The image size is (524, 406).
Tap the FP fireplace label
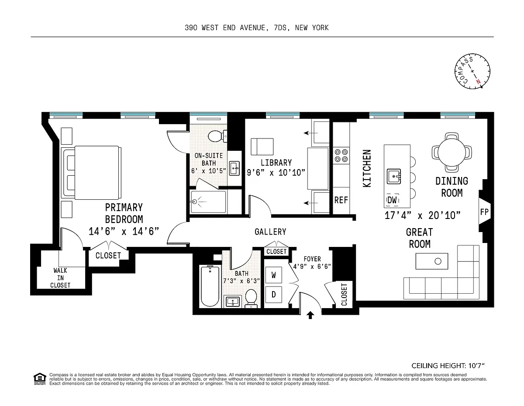click(x=484, y=212)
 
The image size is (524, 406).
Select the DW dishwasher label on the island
click(x=392, y=200)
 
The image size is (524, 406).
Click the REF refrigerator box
click(x=341, y=200)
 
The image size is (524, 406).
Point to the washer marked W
click(x=274, y=275)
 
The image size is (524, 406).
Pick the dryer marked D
click(x=274, y=294)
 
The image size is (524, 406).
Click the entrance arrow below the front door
click(x=310, y=315)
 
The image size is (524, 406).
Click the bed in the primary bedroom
click(x=92, y=171)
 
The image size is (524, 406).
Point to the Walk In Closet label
click(x=60, y=278)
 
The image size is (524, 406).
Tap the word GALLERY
click(x=270, y=232)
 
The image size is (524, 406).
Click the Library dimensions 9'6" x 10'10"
click(x=276, y=173)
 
